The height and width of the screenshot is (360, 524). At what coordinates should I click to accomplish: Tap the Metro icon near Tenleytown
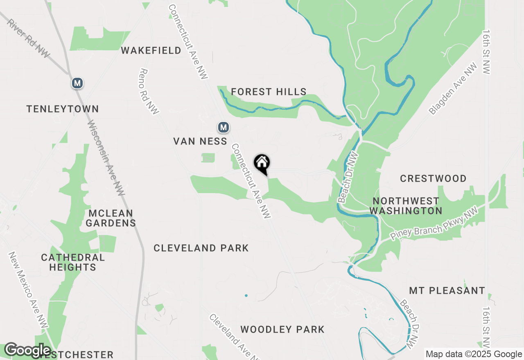pyautogui.click(x=77, y=83)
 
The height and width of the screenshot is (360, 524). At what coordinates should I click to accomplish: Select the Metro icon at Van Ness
pyautogui.click(x=223, y=127)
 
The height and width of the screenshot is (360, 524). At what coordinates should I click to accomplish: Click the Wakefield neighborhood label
pyautogui.click(x=151, y=50)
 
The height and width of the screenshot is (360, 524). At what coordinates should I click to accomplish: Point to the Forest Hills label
pyautogui.click(x=269, y=92)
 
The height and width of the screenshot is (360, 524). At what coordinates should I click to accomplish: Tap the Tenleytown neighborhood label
pyautogui.click(x=63, y=109)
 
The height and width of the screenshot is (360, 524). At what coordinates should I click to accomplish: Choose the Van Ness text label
pyautogui.click(x=200, y=141)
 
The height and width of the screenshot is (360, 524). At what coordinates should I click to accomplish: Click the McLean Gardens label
pyautogui.click(x=111, y=218)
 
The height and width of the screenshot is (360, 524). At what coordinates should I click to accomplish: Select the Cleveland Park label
pyautogui.click(x=201, y=248)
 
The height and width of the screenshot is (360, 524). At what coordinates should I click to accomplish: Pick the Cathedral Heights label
pyautogui.click(x=73, y=262)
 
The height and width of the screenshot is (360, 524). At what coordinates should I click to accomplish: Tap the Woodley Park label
pyautogui.click(x=282, y=329)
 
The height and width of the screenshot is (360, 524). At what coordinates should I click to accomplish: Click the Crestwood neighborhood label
pyautogui.click(x=433, y=178)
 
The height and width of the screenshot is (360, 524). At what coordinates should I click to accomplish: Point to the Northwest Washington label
pyautogui.click(x=406, y=206)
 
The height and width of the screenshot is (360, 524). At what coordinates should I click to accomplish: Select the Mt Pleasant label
pyautogui.click(x=447, y=290)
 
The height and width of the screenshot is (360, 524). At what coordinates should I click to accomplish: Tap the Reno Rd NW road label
pyautogui.click(x=149, y=91)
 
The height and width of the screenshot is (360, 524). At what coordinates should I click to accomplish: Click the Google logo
pyautogui.click(x=27, y=350)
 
